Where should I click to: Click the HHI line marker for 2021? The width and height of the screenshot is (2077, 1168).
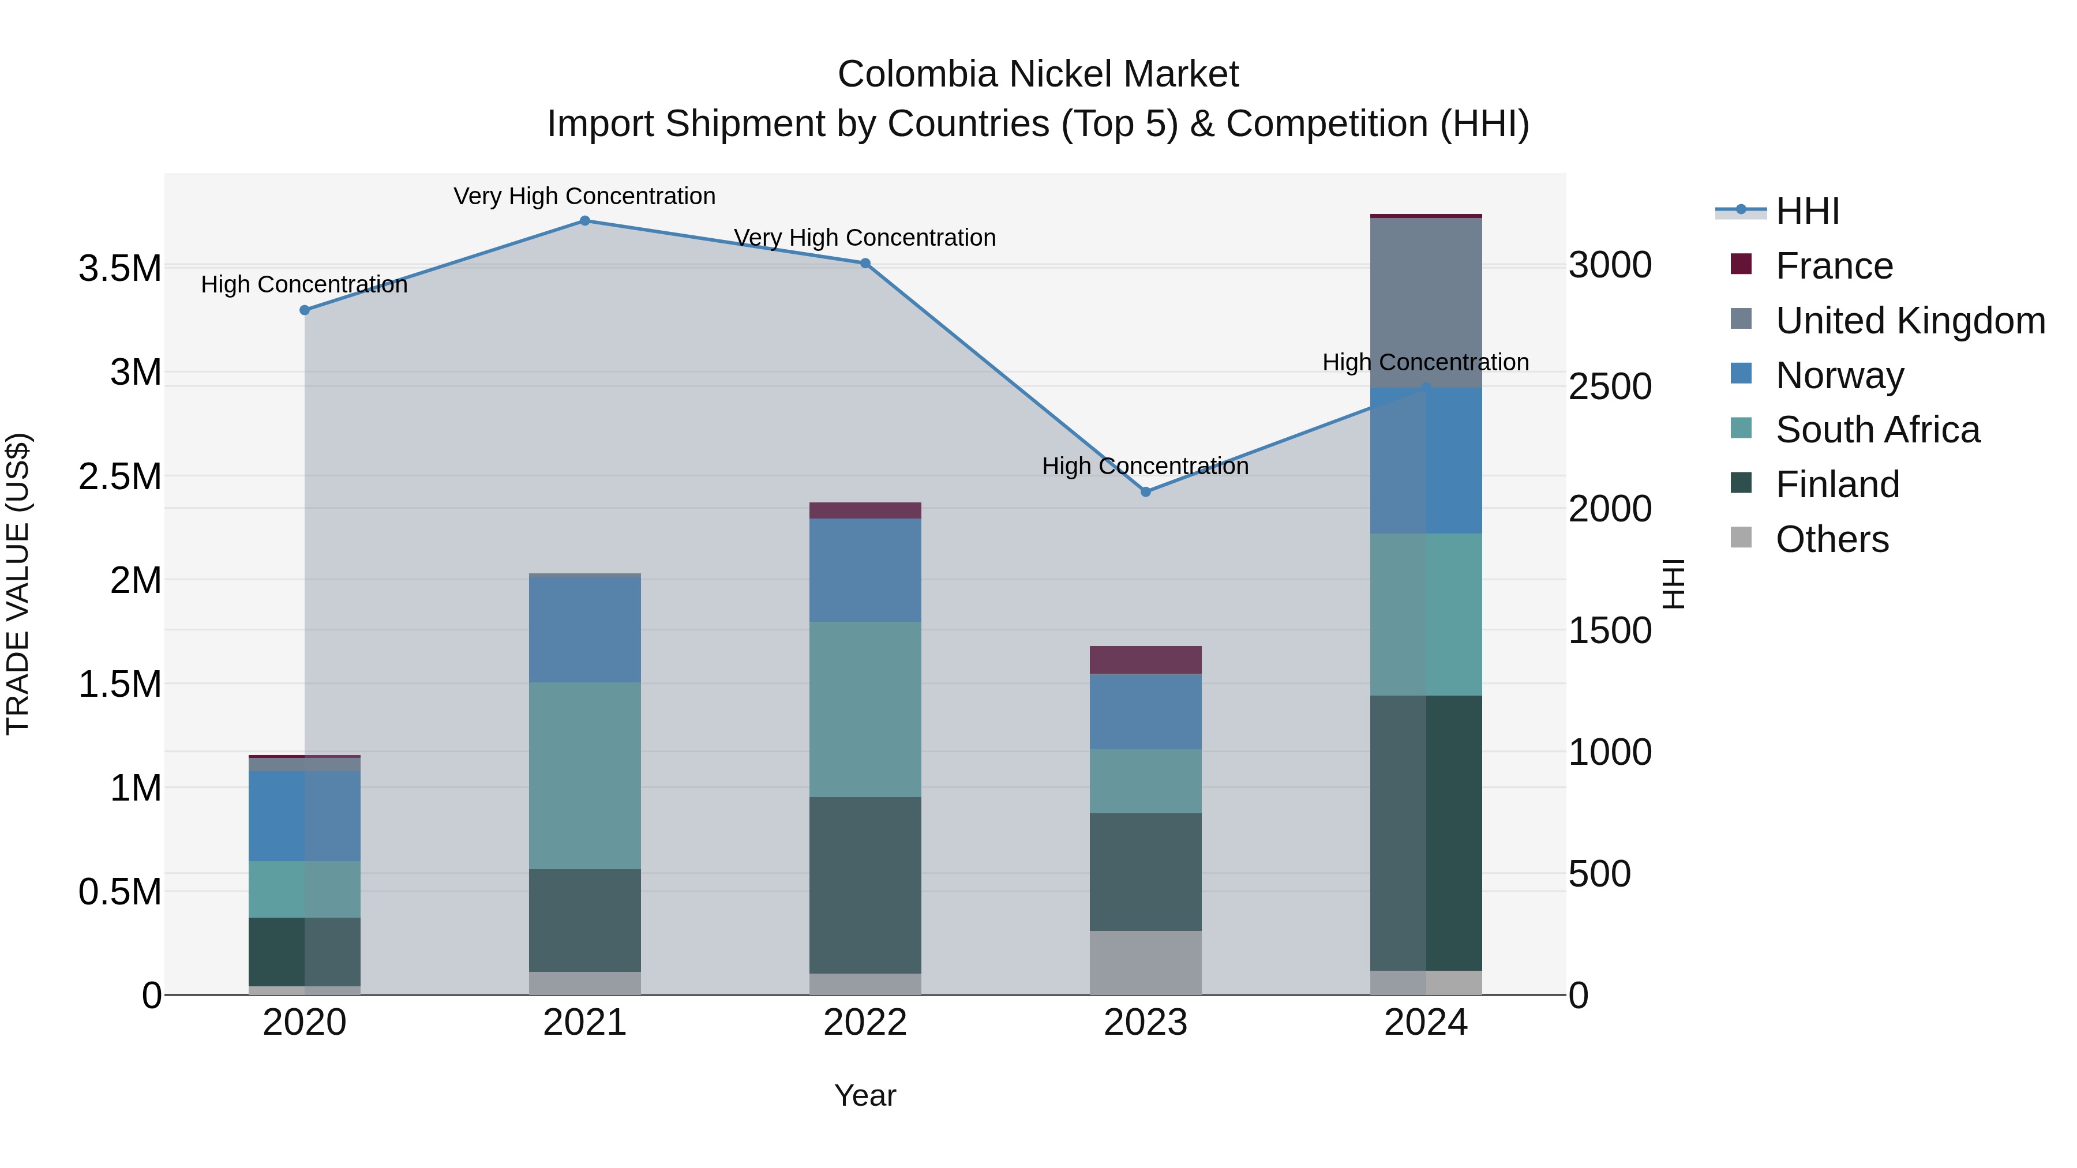584,221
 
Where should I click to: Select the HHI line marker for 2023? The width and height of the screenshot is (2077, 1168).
1146,491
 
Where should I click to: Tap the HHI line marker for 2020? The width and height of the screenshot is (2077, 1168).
305,310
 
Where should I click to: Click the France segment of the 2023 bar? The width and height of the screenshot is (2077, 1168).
1146,659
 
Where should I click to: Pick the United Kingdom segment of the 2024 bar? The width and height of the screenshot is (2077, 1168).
1426,302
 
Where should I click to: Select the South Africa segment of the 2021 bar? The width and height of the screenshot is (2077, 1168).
584,775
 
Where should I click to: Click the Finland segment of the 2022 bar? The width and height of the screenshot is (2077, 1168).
865,885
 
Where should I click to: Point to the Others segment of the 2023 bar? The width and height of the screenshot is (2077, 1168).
1146,963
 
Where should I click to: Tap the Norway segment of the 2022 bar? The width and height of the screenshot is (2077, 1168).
865,570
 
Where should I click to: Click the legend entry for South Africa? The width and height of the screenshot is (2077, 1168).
1876,430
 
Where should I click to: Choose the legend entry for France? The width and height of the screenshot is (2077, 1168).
1834,266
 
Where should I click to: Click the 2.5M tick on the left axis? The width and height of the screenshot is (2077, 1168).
119,476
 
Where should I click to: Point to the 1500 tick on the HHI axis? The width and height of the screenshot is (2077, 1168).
1609,630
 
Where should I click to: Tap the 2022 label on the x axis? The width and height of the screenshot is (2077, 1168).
865,1023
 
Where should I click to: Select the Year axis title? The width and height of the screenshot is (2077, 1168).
865,1095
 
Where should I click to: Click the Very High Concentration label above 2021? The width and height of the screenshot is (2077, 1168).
584,196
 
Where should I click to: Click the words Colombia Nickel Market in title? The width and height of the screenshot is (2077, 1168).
1038,74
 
